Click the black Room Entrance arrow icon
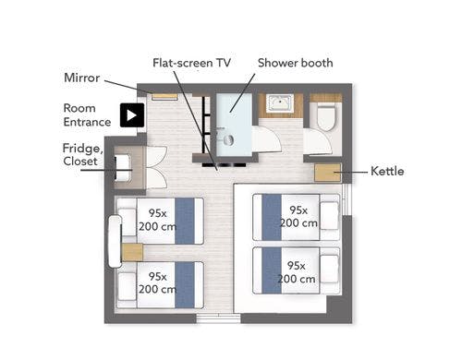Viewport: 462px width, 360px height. click(x=132, y=115)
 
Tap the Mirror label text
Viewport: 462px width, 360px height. click(x=81, y=78)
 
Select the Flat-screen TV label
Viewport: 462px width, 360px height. click(x=191, y=63)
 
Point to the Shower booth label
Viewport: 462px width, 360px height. click(x=296, y=63)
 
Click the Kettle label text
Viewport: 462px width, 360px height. click(x=387, y=171)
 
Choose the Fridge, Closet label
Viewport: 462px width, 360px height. click(x=82, y=154)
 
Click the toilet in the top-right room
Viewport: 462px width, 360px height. click(x=325, y=117)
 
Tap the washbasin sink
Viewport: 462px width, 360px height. click(x=279, y=103)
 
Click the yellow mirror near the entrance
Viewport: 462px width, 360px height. click(x=164, y=96)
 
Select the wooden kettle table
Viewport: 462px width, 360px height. click(x=328, y=173)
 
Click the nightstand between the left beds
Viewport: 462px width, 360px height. click(x=132, y=252)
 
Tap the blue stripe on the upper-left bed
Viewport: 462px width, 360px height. click(x=185, y=222)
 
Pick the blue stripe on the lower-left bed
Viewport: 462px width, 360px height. click(x=185, y=285)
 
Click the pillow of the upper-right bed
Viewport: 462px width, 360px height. click(x=329, y=216)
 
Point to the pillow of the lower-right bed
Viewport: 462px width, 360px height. click(x=329, y=269)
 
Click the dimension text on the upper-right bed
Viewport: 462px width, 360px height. click(x=298, y=216)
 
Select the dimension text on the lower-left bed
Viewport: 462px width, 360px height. click(x=157, y=282)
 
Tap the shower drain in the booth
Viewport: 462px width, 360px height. click(x=229, y=140)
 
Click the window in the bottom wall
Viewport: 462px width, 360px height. click(x=218, y=318)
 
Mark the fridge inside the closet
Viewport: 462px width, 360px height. click(x=123, y=168)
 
